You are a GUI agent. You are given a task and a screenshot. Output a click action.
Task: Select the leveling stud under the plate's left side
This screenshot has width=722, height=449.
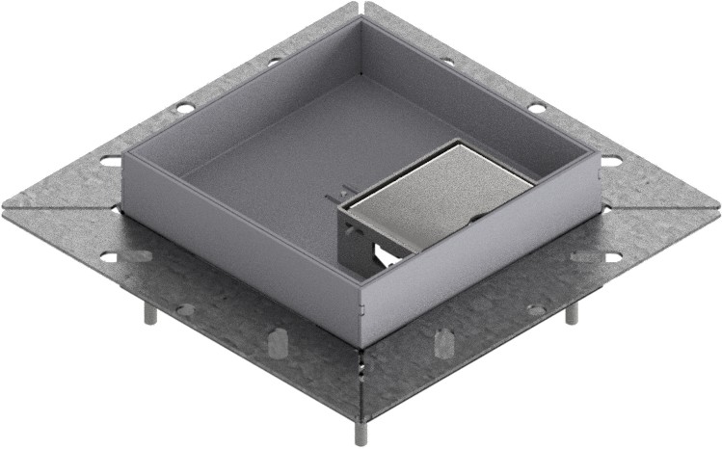tap(151, 314)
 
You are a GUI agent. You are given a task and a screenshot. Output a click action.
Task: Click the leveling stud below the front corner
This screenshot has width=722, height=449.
tap(359, 432)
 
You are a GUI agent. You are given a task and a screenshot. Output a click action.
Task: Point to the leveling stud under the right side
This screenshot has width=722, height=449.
tap(571, 312)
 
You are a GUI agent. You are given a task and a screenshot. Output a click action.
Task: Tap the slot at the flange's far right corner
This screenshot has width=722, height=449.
tap(611, 160)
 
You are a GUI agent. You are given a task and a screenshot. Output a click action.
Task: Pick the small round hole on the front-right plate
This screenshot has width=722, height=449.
tap(536, 309)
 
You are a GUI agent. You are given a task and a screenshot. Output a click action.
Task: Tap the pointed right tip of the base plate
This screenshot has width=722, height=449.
tap(717, 207)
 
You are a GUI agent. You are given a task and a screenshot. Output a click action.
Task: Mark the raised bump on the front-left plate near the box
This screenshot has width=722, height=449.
tap(278, 342)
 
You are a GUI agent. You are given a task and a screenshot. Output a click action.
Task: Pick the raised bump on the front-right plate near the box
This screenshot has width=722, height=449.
tap(443, 342)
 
